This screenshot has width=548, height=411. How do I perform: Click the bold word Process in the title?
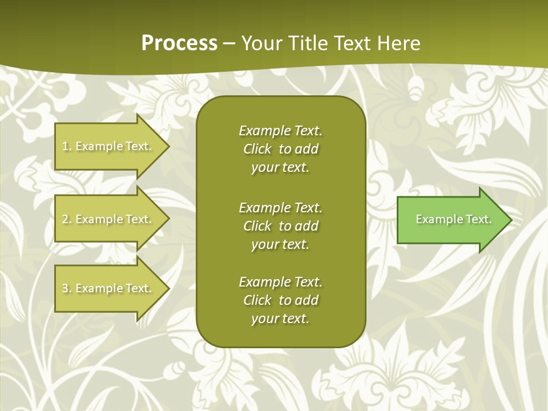(x=179, y=43)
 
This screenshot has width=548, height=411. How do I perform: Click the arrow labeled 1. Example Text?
(x=108, y=146)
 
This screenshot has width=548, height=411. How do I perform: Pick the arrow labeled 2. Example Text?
(x=108, y=219)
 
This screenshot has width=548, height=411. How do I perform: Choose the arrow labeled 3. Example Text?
(x=108, y=288)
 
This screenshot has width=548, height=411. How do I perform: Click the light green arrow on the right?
(x=451, y=219)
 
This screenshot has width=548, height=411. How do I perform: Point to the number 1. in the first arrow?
(x=67, y=146)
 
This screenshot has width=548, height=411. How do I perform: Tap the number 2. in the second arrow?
(x=67, y=219)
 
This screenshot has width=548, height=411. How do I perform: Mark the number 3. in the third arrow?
(x=67, y=288)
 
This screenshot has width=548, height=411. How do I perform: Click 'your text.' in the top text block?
(x=280, y=168)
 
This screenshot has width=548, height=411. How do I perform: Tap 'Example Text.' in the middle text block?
(x=280, y=208)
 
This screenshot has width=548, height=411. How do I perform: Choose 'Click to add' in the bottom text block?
(x=280, y=300)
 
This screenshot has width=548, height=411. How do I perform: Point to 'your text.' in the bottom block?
(x=280, y=319)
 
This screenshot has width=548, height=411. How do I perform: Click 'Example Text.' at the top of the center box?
(x=280, y=131)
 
